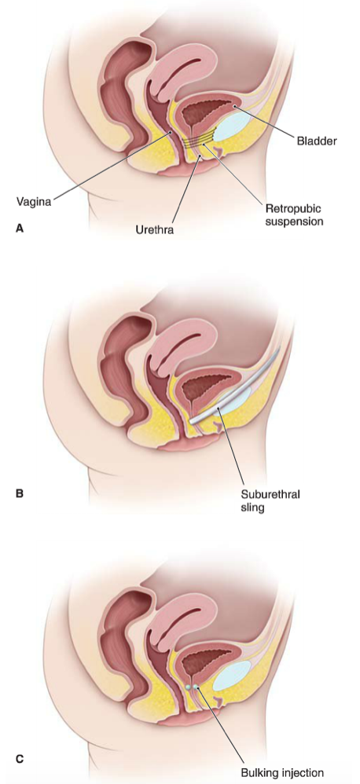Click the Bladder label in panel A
317,141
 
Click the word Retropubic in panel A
292,207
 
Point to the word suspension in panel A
293,220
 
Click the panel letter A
20,228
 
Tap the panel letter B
20,493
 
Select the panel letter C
20,759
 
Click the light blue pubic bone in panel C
232,675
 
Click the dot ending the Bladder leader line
234,106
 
